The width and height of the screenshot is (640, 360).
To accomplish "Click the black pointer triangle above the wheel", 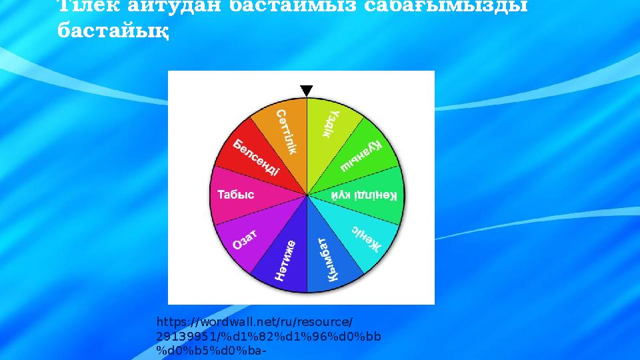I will coord(306,91).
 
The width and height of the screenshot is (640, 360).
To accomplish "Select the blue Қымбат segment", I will coord(331,259).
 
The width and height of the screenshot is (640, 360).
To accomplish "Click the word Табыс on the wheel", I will coord(236,195).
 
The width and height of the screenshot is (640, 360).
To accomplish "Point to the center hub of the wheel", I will coord(307,195).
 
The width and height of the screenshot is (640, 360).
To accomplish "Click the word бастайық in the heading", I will coord(113,31).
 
